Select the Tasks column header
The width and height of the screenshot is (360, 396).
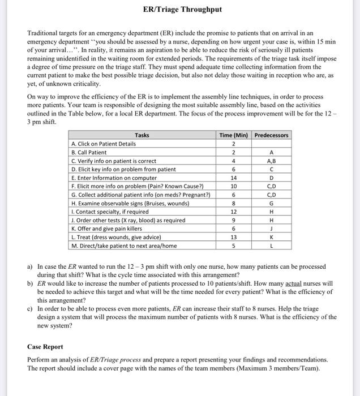click(x=143, y=135)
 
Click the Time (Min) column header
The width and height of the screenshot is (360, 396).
click(x=233, y=135)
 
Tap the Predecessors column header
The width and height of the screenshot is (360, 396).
click(x=271, y=135)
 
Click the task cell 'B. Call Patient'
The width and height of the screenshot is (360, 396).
click(x=89, y=152)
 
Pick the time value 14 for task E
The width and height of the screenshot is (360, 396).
click(x=233, y=178)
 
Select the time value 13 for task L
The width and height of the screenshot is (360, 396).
click(x=233, y=237)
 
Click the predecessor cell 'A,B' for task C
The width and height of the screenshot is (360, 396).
click(x=271, y=161)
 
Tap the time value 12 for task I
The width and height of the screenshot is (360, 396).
click(x=233, y=212)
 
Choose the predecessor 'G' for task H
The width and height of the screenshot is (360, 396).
click(x=271, y=203)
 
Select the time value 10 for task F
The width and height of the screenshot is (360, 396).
click(x=233, y=186)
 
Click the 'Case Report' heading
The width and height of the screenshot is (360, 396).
click(x=45, y=346)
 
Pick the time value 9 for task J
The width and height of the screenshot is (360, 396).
click(x=233, y=220)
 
